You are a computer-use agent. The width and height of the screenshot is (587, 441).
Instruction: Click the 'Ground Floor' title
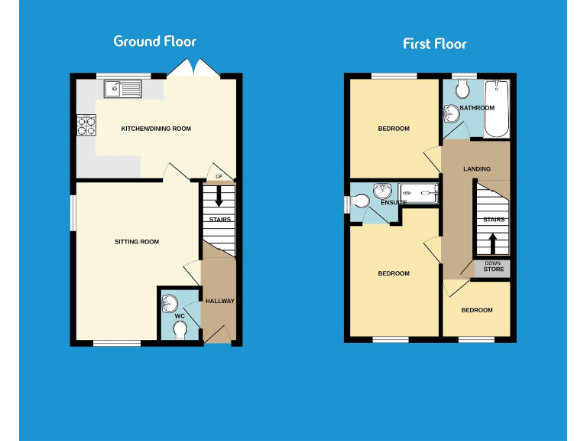154,41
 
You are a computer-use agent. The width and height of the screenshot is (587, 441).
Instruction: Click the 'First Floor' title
434,44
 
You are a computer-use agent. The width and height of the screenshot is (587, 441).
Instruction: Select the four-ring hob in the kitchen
86,125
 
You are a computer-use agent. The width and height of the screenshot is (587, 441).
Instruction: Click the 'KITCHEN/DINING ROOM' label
156,129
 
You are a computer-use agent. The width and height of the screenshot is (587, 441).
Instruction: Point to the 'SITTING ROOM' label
137,242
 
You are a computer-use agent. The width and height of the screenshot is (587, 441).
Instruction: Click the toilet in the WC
180,329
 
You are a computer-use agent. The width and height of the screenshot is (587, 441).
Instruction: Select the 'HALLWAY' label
220,301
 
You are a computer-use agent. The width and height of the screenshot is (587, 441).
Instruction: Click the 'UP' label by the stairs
219,178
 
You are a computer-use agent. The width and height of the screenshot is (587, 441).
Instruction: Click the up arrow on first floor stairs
493,243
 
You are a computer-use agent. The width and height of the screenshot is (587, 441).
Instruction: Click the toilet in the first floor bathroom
461,90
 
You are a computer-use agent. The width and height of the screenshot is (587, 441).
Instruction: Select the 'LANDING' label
476,168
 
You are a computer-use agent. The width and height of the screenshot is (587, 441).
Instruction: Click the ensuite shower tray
418,194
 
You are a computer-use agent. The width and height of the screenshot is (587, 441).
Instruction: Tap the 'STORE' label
494,269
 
